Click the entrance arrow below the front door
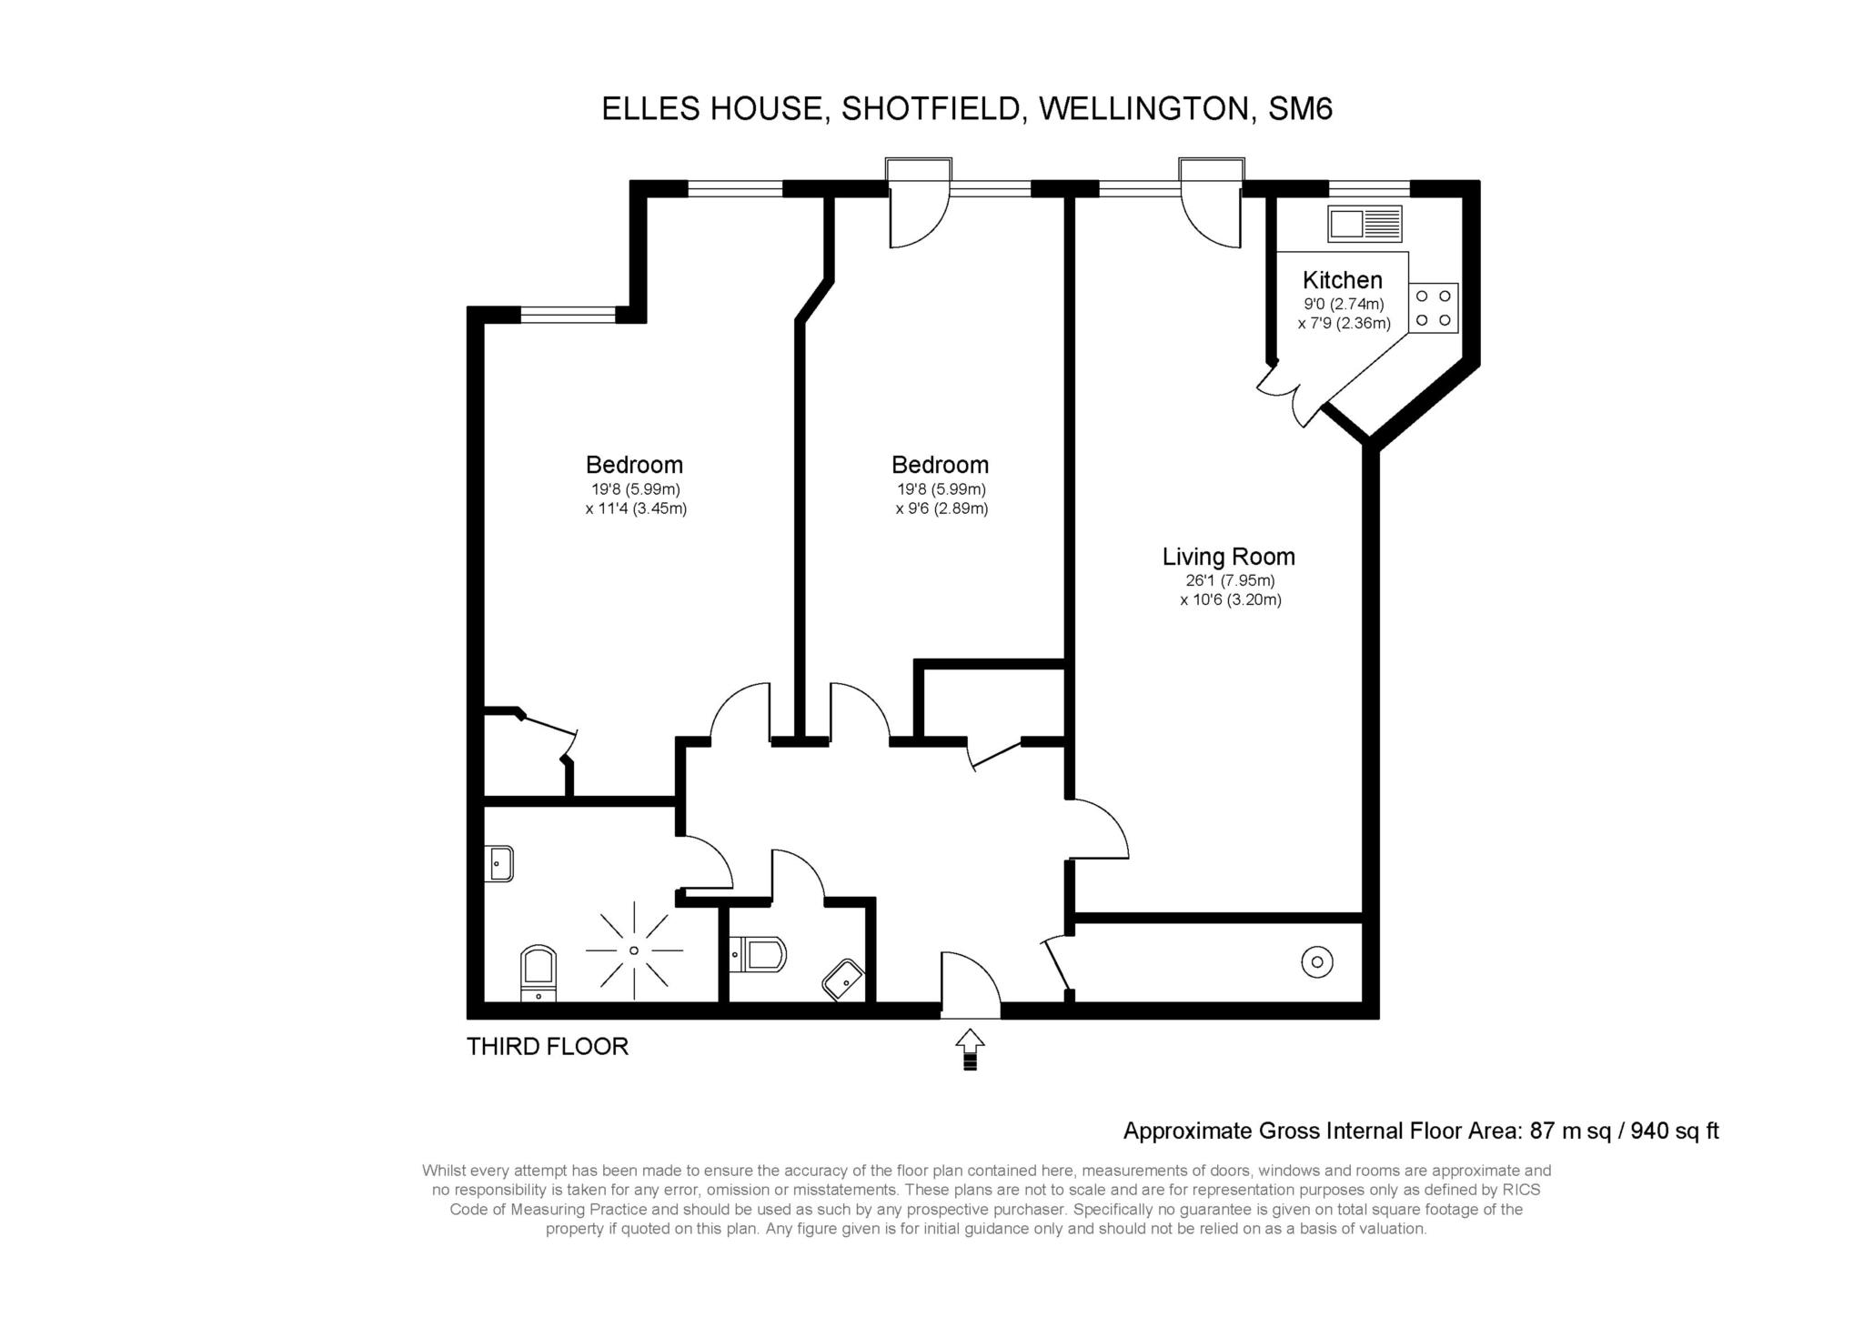click(970, 1050)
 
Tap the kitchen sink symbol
click(1365, 224)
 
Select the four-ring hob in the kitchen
click(1433, 308)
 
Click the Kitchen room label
click(1342, 280)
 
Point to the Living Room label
click(1228, 557)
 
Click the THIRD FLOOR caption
click(548, 1047)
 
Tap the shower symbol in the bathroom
click(634, 950)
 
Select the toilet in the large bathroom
click(538, 972)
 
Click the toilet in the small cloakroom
click(758, 954)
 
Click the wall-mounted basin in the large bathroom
click(501, 863)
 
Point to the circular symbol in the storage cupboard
click(1317, 961)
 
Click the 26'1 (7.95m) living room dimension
click(1230, 581)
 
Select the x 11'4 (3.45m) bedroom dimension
click(636, 509)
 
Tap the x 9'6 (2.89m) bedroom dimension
click(942, 509)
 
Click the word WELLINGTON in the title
click(1143, 109)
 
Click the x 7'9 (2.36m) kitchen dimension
click(1344, 324)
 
